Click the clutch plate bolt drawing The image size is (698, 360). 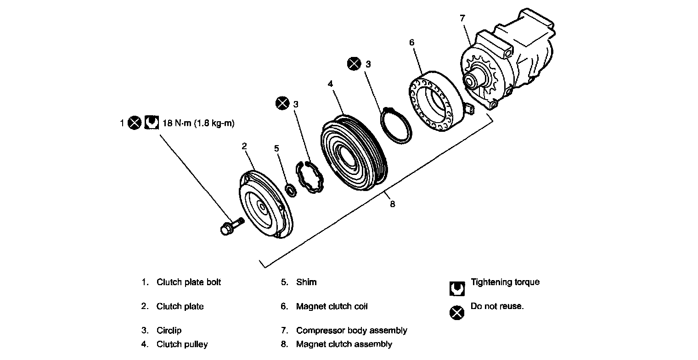[x=231, y=226]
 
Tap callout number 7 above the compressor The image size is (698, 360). [x=462, y=18]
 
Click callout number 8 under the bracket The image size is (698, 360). [x=392, y=204]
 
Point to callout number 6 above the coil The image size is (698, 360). [x=411, y=43]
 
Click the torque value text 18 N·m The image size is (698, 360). [x=196, y=123]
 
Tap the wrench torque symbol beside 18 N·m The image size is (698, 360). [x=151, y=123]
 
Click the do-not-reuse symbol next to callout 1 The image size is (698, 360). [x=134, y=123]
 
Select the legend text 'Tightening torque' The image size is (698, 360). [x=505, y=282]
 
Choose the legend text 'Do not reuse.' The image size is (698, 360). [x=497, y=306]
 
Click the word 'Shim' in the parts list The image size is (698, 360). [x=306, y=282]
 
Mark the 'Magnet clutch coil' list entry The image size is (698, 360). [x=332, y=306]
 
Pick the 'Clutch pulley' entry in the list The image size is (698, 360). [x=182, y=344]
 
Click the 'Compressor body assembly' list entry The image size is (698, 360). [x=351, y=330]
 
